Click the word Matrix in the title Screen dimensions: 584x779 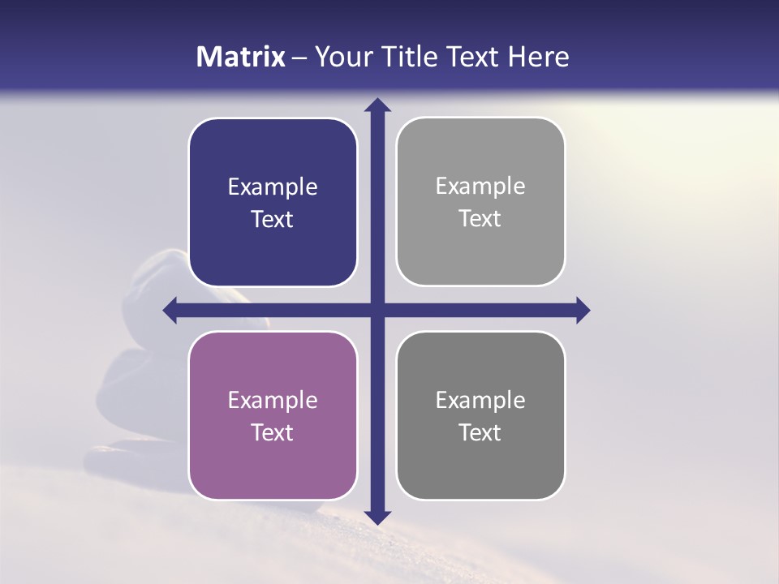(241, 57)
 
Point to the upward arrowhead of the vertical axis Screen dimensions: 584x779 (377, 105)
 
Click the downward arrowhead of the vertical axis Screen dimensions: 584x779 (377, 517)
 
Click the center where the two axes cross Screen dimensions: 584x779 (377, 310)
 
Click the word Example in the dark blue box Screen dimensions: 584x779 (273, 187)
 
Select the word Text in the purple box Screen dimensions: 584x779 (273, 432)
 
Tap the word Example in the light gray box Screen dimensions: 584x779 (480, 187)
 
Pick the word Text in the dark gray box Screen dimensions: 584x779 (480, 432)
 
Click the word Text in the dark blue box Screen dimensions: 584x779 (273, 219)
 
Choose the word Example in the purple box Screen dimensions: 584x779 (273, 401)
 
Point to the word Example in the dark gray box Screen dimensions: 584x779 (480, 401)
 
